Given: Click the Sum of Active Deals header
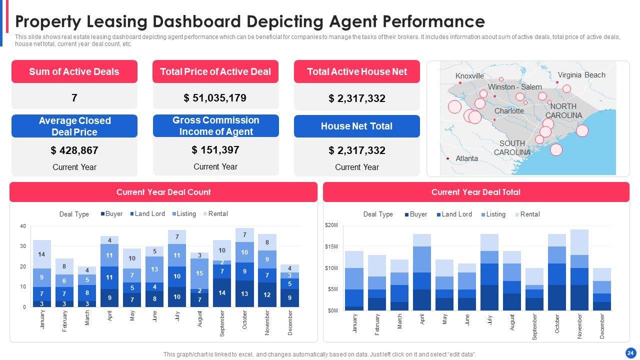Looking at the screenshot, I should click(x=74, y=71).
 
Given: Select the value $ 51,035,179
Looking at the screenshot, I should click(x=215, y=97).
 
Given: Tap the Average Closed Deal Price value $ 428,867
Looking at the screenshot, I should click(x=74, y=150).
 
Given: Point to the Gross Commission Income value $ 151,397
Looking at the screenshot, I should click(x=215, y=149).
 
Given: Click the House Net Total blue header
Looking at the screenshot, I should click(x=356, y=126).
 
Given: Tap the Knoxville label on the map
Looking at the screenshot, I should click(x=469, y=76).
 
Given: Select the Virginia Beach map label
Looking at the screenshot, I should click(x=581, y=75).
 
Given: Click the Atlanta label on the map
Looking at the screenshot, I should click(x=466, y=158).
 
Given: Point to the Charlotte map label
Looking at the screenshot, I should click(x=509, y=111).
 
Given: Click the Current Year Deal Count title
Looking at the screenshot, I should click(x=163, y=192).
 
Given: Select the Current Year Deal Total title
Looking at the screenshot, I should click(x=475, y=192).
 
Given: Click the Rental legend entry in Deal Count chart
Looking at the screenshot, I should click(x=217, y=214).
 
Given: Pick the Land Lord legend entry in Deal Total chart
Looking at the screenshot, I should click(x=456, y=214).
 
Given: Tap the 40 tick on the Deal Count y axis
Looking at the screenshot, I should click(x=23, y=226).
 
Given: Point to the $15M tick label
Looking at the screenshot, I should click(x=331, y=247).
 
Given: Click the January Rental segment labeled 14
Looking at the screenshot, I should click(x=42, y=254).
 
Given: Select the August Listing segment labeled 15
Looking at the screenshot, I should click(x=199, y=273).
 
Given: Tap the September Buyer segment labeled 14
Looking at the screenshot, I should click(x=222, y=292).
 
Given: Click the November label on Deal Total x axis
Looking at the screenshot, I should click(x=579, y=326).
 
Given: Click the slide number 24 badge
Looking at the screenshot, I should click(x=630, y=352).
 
